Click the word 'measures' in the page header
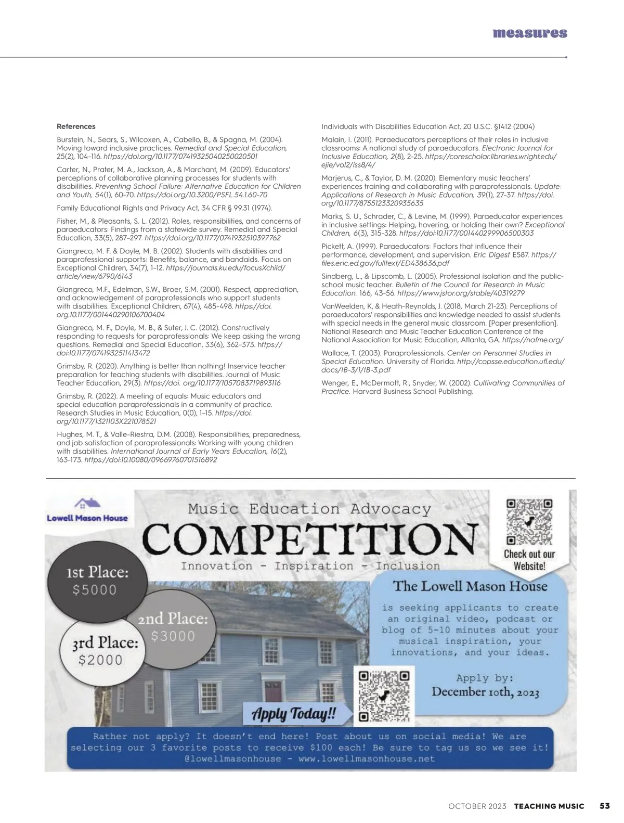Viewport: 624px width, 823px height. click(x=529, y=33)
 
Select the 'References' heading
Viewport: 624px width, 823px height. click(x=76, y=126)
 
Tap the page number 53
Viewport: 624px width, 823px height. click(x=605, y=806)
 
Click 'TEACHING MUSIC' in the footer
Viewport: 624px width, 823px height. click(x=549, y=806)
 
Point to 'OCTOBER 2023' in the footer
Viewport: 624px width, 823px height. click(x=477, y=806)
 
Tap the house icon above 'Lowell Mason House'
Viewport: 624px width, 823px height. click(x=87, y=504)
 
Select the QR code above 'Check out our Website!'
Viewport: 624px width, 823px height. click(x=529, y=522)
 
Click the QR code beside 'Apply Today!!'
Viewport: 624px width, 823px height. click(x=384, y=697)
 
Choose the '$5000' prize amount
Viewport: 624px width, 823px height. click(x=95, y=590)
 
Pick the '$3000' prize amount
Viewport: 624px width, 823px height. click(x=173, y=636)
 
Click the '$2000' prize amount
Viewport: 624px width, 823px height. click(x=100, y=660)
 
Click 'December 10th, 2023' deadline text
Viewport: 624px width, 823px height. click(x=485, y=692)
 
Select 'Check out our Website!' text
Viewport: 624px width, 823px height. click(x=529, y=560)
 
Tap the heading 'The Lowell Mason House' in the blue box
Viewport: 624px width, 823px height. click(x=470, y=586)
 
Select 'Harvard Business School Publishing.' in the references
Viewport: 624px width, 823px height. click(x=413, y=391)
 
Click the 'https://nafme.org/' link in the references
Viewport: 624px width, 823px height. click(x=533, y=340)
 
